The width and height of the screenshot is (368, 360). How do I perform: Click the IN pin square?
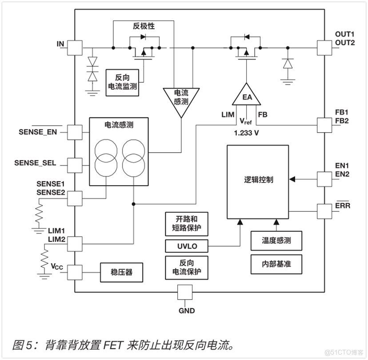tap(75, 48)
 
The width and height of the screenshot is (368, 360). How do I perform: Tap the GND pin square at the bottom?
tap(185, 292)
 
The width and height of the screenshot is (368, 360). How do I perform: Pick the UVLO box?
tap(186, 246)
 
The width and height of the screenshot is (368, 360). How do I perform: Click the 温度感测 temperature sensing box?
tap(276, 241)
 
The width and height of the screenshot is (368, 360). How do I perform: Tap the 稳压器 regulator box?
tap(121, 272)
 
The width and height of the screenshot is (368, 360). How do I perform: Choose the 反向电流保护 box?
tap(186, 267)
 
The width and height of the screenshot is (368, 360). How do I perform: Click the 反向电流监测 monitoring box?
tap(122, 82)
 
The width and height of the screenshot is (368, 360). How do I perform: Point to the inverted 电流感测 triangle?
tap(180, 99)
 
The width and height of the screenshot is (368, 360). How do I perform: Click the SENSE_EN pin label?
tap(38, 132)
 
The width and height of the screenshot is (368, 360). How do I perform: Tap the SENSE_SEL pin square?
tap(75, 164)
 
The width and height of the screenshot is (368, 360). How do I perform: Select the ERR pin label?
tap(343, 206)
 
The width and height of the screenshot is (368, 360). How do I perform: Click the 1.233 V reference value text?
tap(246, 132)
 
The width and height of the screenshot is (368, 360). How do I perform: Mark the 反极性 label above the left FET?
tap(144, 26)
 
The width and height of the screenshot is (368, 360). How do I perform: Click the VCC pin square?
tap(75, 272)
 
